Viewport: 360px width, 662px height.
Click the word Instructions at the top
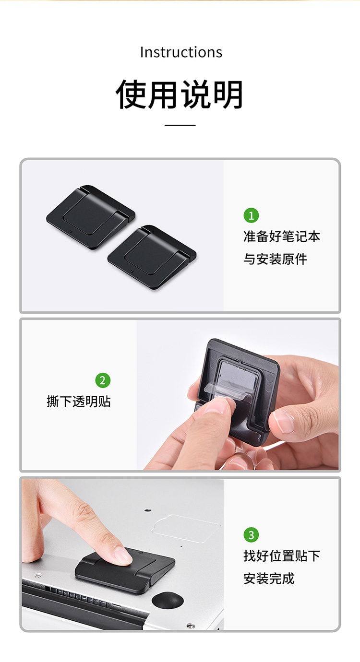[181, 52]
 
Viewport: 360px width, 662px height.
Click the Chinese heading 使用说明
[180, 94]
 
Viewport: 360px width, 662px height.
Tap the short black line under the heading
[180, 125]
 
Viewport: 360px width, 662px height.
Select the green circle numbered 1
[251, 215]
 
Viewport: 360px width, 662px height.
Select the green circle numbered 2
[103, 380]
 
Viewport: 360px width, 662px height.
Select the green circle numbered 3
[251, 534]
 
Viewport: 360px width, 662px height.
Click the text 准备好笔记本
[282, 236]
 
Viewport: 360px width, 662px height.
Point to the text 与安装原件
[275, 259]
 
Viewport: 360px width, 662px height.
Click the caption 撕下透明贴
[78, 402]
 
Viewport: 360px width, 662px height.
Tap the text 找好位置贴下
[282, 556]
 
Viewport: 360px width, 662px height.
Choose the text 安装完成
[269, 579]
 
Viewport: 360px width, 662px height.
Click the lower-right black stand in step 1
[152, 257]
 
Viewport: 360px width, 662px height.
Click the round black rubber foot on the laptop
[168, 600]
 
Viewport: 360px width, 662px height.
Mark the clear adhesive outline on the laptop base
[186, 529]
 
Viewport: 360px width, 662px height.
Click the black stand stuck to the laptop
[125, 571]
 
